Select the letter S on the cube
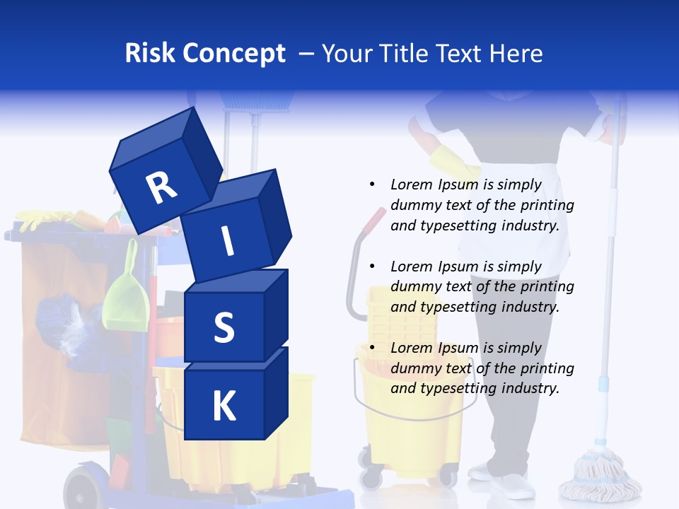point(224,328)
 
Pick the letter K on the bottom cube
point(224,406)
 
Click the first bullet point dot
point(372,184)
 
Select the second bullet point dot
point(372,266)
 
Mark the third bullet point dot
point(372,347)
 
